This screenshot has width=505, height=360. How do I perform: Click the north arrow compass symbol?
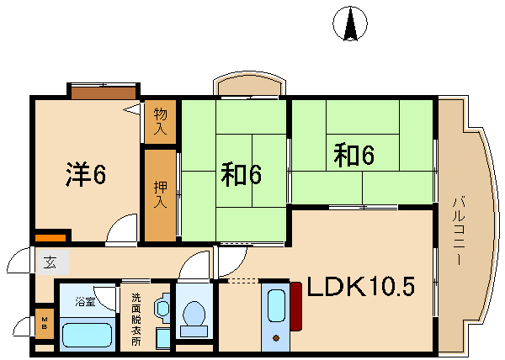point(350,24)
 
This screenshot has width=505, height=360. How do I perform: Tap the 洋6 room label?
point(86,174)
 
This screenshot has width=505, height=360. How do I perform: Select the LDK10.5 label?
point(361,287)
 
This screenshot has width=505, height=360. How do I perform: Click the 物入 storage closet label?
point(160,121)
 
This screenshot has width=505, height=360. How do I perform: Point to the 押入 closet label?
point(160,194)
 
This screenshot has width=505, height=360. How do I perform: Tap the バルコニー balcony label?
point(459,230)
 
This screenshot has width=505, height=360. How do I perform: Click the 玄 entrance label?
point(51,262)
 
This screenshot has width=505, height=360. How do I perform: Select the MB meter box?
point(45,323)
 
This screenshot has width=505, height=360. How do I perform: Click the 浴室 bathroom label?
point(85,303)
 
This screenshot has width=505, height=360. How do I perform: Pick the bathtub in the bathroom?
point(87,335)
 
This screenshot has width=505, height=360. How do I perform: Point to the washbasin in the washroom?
point(162,308)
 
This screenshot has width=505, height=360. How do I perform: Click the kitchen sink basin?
point(276,305)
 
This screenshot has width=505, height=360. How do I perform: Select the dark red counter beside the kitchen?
point(296,307)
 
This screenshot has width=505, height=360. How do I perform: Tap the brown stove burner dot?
point(276,338)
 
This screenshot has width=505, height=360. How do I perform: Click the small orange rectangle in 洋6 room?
point(50,238)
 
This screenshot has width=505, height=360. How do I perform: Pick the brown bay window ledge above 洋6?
point(104,93)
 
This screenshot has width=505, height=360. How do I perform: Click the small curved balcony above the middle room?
point(250,84)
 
